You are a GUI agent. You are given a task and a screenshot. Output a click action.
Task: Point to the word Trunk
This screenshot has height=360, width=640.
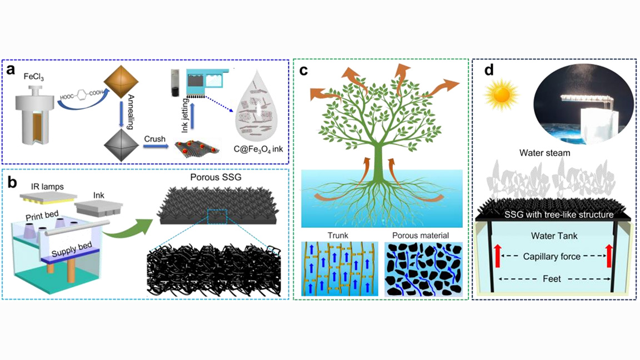tap(339, 236)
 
